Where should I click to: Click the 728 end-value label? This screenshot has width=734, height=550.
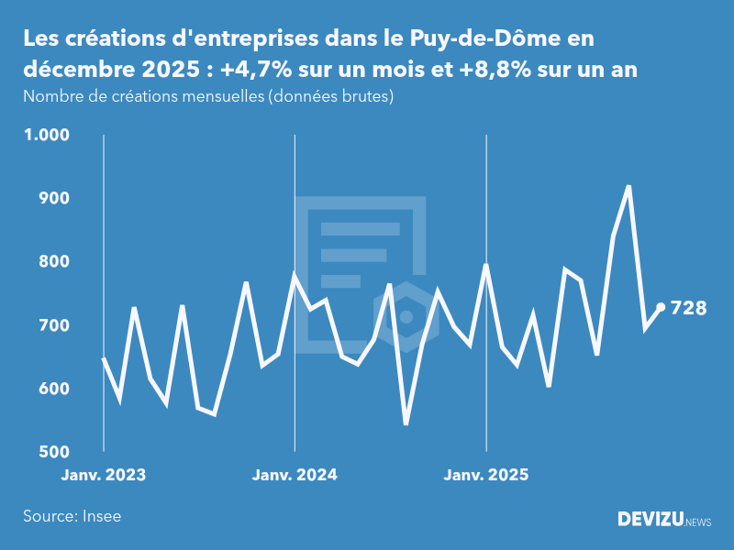click(x=688, y=308)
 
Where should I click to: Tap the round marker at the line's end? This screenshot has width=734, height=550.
click(x=661, y=308)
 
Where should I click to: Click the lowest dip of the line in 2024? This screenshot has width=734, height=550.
click(x=406, y=423)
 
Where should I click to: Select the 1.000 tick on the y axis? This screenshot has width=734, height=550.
click(x=46, y=135)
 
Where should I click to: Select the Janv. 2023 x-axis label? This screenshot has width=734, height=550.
click(x=104, y=475)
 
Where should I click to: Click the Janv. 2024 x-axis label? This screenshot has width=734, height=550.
click(x=295, y=475)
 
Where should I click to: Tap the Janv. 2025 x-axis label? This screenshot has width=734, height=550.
click(x=486, y=475)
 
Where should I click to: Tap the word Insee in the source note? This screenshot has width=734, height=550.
click(x=101, y=516)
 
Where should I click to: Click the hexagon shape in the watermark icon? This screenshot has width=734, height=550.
click(x=406, y=317)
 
